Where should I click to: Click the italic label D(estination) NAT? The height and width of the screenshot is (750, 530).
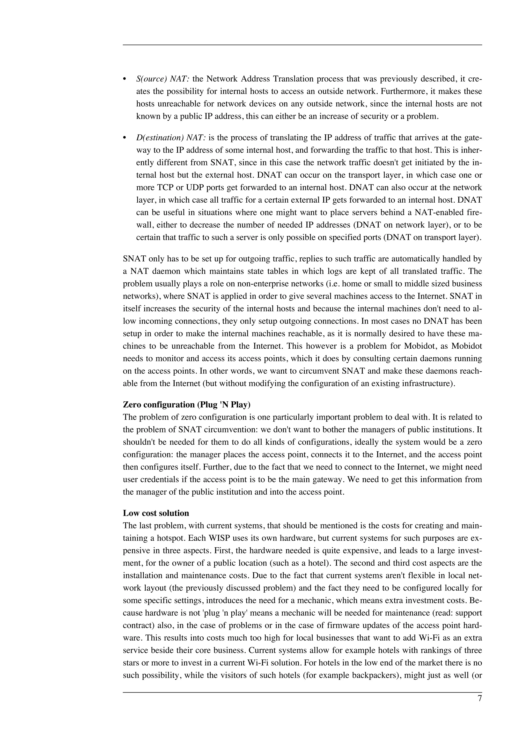click(171, 138)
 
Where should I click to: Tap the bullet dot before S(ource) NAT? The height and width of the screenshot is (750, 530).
click(124, 79)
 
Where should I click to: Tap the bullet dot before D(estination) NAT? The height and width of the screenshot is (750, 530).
click(124, 138)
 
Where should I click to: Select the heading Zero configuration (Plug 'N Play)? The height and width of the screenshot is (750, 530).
click(187, 405)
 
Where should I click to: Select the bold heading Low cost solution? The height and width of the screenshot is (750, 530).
click(156, 513)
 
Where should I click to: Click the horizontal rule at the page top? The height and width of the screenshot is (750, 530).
click(302, 45)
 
